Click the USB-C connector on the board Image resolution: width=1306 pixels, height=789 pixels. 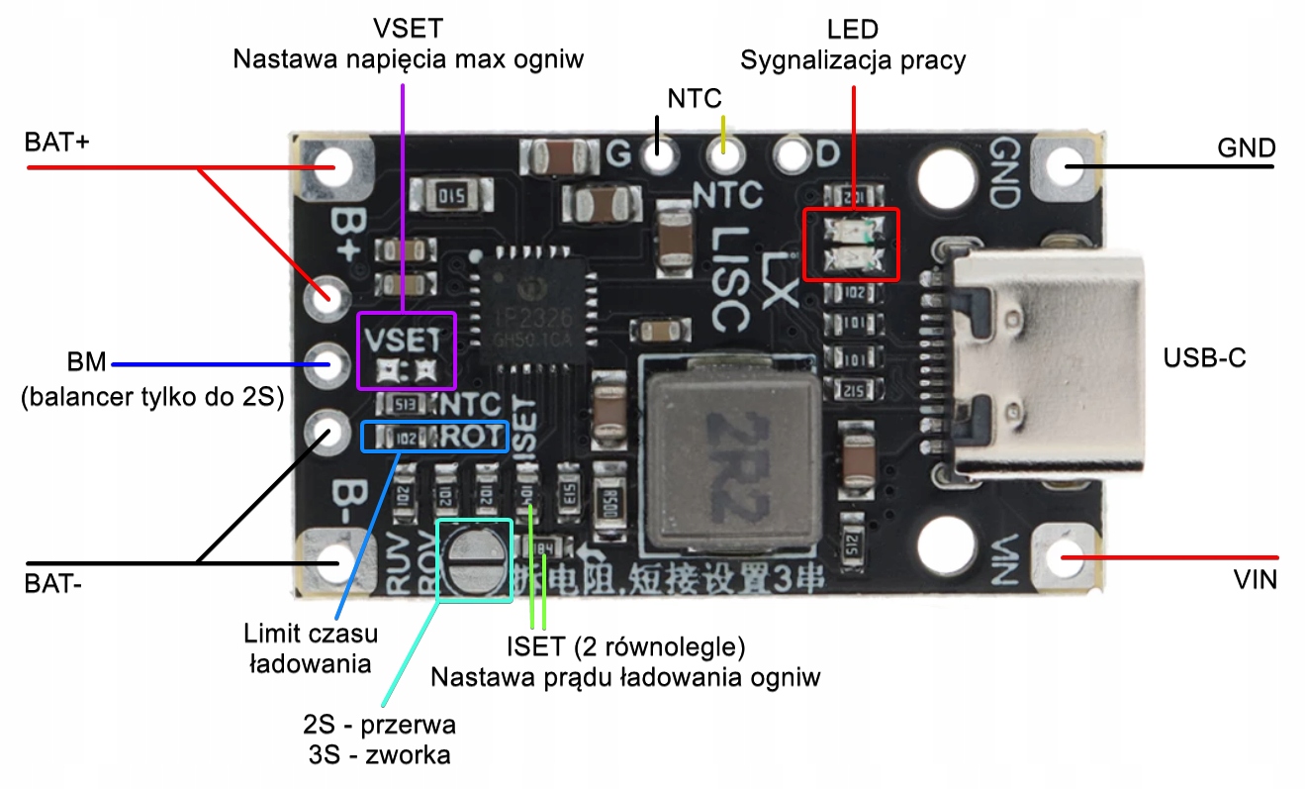tap(1029, 361)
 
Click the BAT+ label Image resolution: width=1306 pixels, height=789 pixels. tap(57, 143)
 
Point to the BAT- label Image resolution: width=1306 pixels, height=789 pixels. tap(53, 583)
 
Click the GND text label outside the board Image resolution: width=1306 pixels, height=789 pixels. tap(1246, 148)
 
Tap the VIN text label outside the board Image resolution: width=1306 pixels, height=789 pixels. tap(1254, 579)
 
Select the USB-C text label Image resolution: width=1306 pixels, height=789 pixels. tap(1204, 358)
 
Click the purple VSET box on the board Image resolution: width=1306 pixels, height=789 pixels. tap(406, 350)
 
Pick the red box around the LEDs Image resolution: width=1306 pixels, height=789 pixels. tap(850, 244)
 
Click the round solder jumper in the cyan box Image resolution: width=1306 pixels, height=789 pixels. tap(473, 571)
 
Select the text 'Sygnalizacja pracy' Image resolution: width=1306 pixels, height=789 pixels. tap(853, 60)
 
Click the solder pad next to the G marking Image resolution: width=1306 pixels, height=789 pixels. tap(654, 153)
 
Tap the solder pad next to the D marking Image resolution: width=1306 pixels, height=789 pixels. tap(792, 154)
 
